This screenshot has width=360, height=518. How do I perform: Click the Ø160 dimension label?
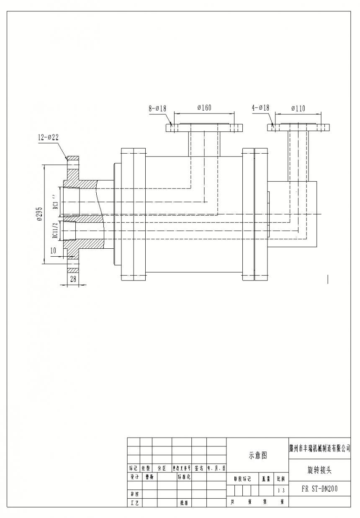[x=204, y=108]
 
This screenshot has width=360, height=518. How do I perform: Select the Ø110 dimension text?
[x=298, y=108]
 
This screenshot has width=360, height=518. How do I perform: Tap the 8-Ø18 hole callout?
[x=157, y=108]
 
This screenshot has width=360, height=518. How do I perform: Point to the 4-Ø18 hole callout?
[x=260, y=108]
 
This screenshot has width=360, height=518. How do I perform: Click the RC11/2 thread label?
[x=55, y=230]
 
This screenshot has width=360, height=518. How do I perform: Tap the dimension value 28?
[x=73, y=279]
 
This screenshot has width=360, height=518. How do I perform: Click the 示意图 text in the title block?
[x=257, y=455]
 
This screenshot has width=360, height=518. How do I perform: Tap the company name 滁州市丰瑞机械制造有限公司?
[x=319, y=447]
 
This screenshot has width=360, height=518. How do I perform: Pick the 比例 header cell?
[x=281, y=478]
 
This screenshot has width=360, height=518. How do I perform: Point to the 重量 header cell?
[x=266, y=478]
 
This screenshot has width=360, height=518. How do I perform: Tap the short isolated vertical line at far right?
[x=328, y=279]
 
